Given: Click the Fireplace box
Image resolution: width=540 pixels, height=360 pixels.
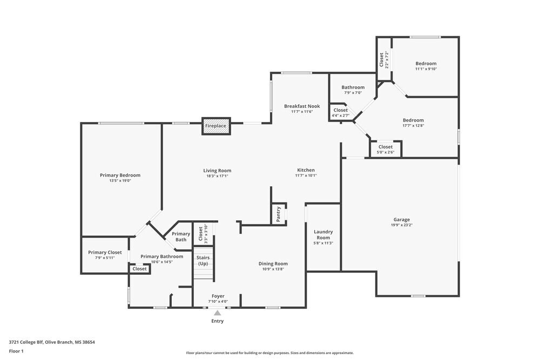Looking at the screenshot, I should (x=216, y=126).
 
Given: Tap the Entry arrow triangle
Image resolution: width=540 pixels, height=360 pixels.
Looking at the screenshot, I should (x=217, y=313).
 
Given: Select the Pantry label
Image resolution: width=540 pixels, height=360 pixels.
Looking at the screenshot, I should (x=279, y=213).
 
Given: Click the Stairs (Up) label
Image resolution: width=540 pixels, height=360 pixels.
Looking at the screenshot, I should (x=203, y=261).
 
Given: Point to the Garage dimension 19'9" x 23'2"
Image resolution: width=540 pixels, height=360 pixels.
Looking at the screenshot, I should (x=401, y=225).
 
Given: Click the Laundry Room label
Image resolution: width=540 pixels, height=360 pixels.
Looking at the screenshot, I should (x=323, y=234).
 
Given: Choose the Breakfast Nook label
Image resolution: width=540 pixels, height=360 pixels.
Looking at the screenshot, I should (x=302, y=106).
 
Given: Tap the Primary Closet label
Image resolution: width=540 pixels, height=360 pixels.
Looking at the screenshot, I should (x=105, y=252).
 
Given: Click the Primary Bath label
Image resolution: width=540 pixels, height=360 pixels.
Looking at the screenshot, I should (x=181, y=236).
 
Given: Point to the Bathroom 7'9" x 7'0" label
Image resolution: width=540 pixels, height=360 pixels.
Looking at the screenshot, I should (x=353, y=87).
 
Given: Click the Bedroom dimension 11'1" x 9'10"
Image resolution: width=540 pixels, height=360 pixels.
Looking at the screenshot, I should (x=426, y=69).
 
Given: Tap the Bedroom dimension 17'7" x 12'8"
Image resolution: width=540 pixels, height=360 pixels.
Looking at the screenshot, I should (x=413, y=126).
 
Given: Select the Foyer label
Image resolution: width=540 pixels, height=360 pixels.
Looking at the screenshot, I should (x=218, y=296).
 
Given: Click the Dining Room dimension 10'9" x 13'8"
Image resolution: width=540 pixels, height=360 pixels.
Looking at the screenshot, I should (x=273, y=269).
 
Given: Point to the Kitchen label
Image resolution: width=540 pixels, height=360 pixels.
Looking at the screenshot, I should (x=306, y=170).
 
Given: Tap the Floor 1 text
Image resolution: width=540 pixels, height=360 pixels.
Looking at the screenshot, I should (x=16, y=351).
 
